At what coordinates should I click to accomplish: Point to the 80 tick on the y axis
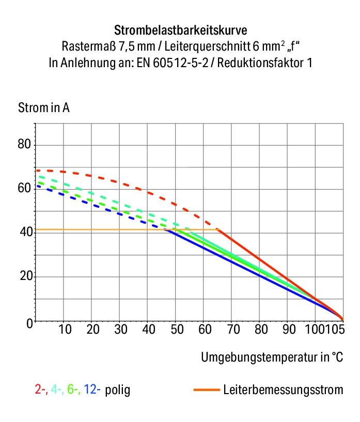pos(25,144)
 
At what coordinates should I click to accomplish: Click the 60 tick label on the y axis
pos(25,189)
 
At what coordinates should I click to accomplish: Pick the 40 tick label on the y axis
pos(25,233)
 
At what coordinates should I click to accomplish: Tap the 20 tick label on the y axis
pos(25,277)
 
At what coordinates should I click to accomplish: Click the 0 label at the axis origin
pos(29,323)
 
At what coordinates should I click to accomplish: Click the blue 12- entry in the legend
pos(92,389)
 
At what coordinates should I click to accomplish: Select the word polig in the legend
pos(118,390)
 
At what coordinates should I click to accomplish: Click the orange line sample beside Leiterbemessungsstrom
pos(207,390)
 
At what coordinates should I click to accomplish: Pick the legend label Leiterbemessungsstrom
pos(283,389)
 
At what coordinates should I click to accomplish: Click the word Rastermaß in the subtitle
pos(89,46)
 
